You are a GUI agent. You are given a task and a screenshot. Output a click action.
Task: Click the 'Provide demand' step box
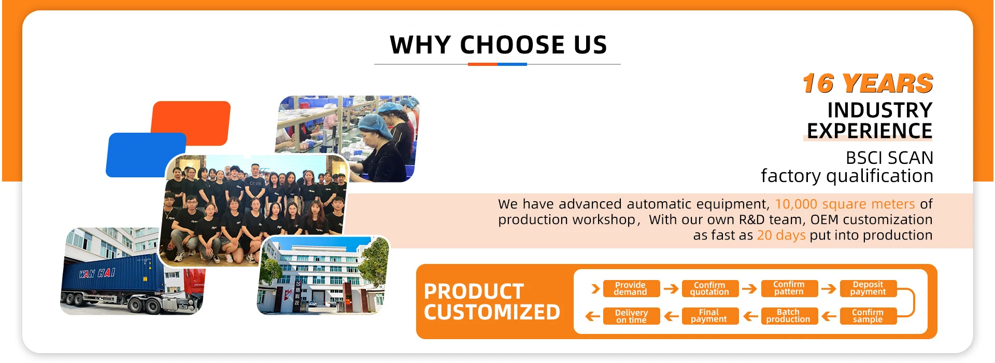631,288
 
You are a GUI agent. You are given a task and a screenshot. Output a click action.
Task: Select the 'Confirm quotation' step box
709,288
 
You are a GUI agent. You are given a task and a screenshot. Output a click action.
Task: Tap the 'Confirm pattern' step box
789,288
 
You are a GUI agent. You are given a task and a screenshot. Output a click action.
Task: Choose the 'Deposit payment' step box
868,288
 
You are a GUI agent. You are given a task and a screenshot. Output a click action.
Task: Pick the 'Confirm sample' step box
868,316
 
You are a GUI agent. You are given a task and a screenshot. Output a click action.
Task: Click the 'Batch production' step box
789,316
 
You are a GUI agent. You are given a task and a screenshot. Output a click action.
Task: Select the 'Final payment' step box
709,316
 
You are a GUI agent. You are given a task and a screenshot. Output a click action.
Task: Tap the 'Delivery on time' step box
631,316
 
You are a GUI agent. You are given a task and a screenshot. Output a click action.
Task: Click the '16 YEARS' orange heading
868,83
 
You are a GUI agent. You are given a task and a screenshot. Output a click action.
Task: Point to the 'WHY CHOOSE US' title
498,45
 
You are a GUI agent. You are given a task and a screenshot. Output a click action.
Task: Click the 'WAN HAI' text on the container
97,273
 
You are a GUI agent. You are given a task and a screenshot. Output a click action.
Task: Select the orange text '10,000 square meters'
845,204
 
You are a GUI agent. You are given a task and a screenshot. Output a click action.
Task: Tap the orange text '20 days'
781,235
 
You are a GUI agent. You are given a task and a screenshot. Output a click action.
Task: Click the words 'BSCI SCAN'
889,158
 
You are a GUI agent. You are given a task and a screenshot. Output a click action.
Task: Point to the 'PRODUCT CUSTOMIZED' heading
492,302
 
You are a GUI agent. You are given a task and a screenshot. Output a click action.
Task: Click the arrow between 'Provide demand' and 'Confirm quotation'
671,289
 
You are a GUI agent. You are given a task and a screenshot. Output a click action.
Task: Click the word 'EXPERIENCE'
870,131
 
